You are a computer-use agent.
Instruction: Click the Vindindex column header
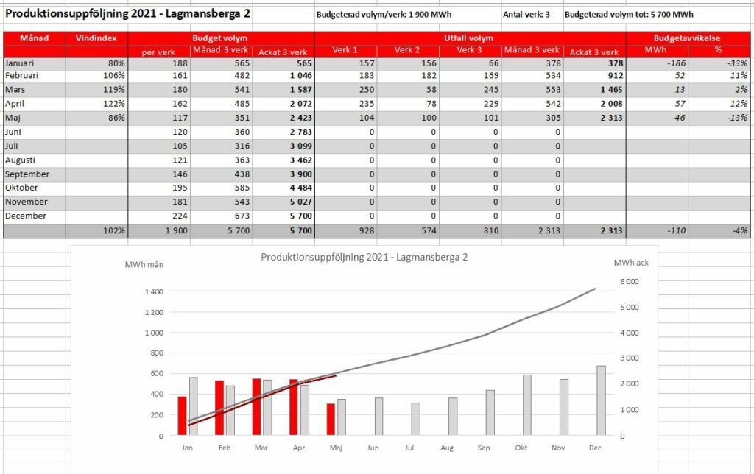point(96,38)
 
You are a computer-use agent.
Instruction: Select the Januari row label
point(20,63)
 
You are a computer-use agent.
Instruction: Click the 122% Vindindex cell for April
point(114,103)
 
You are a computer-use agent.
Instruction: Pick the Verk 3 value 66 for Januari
point(493,63)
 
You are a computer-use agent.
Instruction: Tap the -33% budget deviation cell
point(737,63)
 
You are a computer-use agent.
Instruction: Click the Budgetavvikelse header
point(687,38)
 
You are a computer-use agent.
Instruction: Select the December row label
point(26,216)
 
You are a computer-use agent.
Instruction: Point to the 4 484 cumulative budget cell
point(301,188)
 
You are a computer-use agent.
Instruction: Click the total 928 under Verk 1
point(367,231)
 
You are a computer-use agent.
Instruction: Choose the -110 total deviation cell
point(676,231)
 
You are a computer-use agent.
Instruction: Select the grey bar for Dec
point(601,401)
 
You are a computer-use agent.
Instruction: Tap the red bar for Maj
point(331,420)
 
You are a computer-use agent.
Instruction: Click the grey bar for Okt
point(527,406)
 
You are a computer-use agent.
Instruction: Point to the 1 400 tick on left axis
point(155,291)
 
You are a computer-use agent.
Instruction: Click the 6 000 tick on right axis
point(630,282)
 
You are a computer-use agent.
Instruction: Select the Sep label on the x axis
point(484,448)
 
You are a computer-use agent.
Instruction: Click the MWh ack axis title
point(631,263)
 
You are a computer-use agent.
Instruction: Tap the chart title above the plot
point(364,257)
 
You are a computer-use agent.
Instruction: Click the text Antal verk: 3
point(526,15)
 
